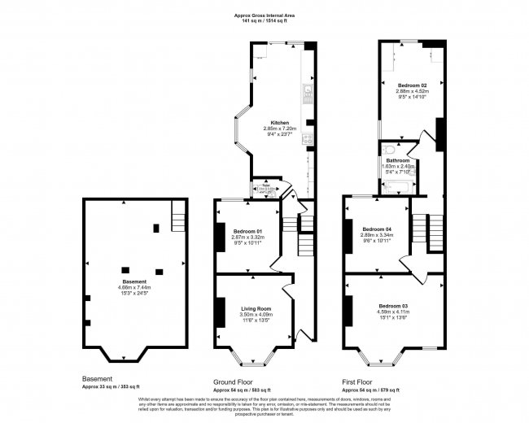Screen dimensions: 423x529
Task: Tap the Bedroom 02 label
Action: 412,85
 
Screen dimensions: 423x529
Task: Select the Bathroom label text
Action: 397,160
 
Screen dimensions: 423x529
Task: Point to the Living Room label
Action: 256,308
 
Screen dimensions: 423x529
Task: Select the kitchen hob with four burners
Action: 308,139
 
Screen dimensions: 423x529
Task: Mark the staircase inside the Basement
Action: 177,218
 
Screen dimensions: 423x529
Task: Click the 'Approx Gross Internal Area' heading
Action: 264,14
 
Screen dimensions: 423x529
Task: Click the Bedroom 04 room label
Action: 377,229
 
